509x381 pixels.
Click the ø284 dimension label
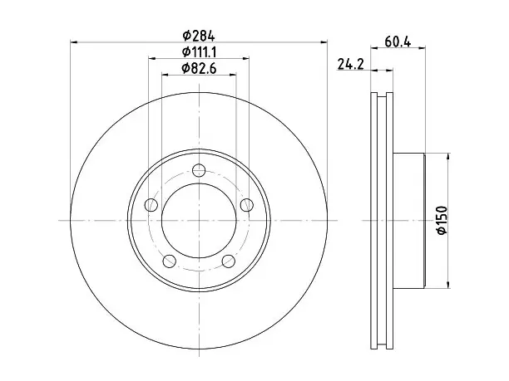pos(198,36)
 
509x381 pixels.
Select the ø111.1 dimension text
pos(199,51)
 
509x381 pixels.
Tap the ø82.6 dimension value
pos(199,68)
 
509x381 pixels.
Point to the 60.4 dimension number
pos(398,42)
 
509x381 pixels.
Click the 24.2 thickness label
pos(351,64)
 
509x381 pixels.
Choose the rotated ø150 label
pos(442,220)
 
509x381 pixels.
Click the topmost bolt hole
pos(199,170)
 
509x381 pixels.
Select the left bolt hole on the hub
pos(151,205)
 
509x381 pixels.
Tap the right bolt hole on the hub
pos(247,205)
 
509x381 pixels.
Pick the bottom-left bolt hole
pos(170,261)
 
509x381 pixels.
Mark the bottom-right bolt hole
pos(229,261)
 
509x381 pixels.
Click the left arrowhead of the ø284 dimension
pos(74,42)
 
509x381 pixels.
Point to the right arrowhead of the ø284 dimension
pos(324,42)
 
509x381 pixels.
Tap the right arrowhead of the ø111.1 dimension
pos(245,58)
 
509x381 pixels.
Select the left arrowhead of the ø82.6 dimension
pos(166,75)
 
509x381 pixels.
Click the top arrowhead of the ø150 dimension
pos(448,157)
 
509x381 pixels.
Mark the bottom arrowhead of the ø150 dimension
pos(448,285)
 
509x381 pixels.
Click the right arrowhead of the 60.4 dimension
pos(422,48)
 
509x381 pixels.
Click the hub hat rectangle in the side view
pos(409,221)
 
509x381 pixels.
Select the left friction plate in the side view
pos(374,221)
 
